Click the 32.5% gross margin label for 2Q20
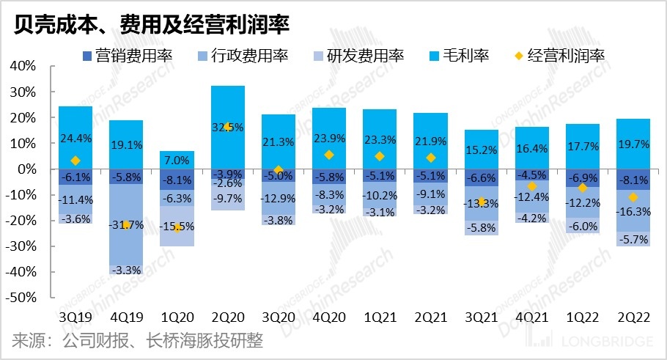[228, 127]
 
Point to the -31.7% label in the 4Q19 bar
[126, 225]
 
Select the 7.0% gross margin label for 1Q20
[177, 161]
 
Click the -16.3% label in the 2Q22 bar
[633, 211]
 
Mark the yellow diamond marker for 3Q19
[75, 161]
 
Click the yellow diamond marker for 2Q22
[633, 197]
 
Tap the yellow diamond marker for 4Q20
[329, 155]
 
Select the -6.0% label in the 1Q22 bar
[583, 227]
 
